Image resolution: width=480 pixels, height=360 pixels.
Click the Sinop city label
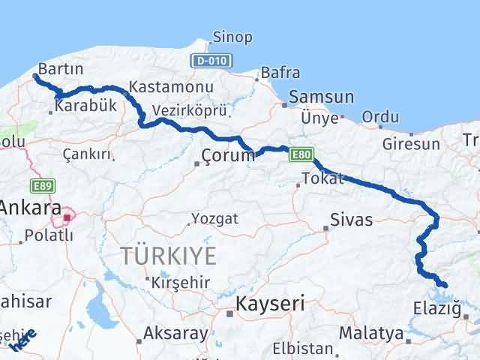pos(232,37)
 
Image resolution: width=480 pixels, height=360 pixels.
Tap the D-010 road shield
pos(211,60)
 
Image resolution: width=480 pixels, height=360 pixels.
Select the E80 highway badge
pos(301,154)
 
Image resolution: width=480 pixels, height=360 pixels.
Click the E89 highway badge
pos(43,184)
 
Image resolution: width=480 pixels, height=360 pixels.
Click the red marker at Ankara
pos(67,218)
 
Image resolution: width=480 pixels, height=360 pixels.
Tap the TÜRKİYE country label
pos(168,256)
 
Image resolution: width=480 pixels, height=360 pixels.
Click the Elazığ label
pos(434,307)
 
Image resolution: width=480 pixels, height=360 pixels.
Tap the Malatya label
pos(371,332)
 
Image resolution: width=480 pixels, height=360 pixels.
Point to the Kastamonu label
pos(172,86)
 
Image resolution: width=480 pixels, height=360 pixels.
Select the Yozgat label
pos(214,219)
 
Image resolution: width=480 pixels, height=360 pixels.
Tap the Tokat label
pos(322,178)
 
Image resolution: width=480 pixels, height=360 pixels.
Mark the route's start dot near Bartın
pos(36,76)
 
